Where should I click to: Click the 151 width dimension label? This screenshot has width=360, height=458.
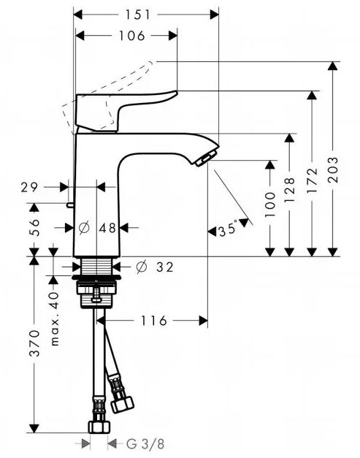pos(137,15)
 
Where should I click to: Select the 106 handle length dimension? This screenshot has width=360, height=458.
pos(131,36)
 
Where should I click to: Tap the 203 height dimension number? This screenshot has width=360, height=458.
pos(333,169)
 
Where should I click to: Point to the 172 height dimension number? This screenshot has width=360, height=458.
pos(312,180)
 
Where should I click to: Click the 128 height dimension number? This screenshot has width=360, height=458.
pos(289,190)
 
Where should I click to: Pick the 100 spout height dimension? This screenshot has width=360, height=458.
pos(269,205)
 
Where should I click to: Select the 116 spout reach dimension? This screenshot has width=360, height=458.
pos(154,321)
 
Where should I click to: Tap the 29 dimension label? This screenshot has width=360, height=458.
pos(29,187)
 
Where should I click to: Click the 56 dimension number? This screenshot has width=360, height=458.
pos(34,226)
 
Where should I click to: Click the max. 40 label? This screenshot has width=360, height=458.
pos(55,319)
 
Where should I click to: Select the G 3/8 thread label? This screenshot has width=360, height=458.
pos(145,444)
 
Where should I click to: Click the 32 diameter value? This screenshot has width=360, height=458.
pos(165,267)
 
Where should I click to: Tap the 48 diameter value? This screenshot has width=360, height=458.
pos(107,228)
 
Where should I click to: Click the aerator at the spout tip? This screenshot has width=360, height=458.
pos(206,159)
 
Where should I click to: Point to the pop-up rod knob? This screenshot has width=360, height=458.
pos(70,205)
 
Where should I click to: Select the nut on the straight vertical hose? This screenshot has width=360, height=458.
pos(99,427)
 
